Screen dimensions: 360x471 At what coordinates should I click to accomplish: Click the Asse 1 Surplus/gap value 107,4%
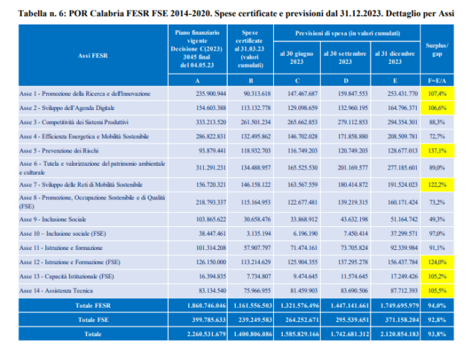point(438,94)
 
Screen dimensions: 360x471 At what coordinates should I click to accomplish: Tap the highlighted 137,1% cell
point(438,149)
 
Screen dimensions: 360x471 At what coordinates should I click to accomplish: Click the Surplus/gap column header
point(437,47)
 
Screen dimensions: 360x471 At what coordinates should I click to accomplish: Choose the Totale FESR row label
point(92,306)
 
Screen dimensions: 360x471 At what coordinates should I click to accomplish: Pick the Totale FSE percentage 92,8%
point(438,319)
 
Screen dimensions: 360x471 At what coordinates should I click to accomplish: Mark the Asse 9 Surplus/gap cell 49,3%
point(438,220)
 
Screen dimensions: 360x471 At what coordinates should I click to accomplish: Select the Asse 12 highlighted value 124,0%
point(438,262)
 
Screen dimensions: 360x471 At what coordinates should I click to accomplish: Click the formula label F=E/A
point(437,80)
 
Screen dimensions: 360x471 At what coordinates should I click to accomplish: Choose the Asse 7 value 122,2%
point(438,184)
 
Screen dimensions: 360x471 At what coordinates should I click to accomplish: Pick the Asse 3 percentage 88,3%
point(438,121)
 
